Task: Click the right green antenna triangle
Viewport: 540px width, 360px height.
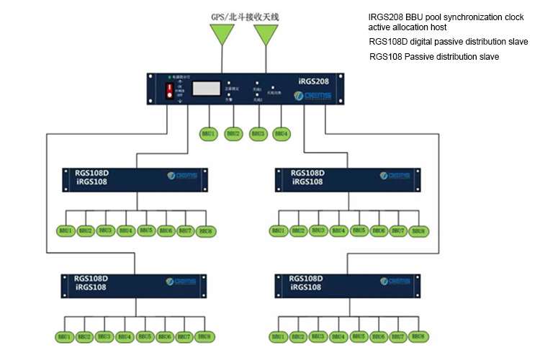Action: [266, 35]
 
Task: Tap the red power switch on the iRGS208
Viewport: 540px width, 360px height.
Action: [171, 91]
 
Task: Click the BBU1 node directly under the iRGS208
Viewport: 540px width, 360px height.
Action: [208, 133]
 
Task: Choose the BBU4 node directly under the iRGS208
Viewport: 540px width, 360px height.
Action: [282, 133]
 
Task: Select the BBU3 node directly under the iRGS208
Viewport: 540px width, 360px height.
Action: [257, 133]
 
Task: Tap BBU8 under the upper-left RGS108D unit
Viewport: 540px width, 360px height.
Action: [205, 231]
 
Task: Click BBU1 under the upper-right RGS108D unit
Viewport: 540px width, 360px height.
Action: [279, 231]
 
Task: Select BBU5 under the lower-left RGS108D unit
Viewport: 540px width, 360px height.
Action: [145, 337]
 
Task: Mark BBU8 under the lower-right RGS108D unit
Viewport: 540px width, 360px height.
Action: [418, 337]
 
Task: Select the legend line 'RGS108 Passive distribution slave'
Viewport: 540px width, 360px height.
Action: [434, 56]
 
